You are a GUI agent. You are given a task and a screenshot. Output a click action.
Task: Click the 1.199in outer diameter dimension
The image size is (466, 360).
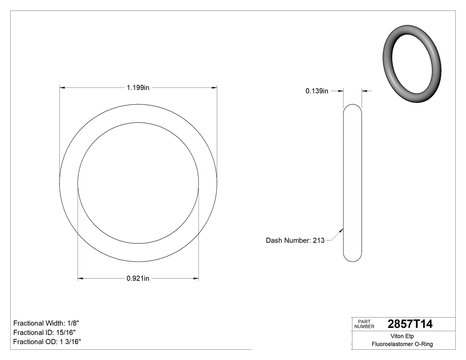(x=138, y=88)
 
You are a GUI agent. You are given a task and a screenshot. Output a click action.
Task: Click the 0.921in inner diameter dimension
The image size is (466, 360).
(x=138, y=279)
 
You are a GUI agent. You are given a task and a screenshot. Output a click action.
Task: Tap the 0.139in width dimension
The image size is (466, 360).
(x=316, y=91)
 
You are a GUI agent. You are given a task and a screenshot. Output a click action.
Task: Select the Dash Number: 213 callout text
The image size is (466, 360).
(x=295, y=241)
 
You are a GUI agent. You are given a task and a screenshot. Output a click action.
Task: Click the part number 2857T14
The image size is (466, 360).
(x=410, y=324)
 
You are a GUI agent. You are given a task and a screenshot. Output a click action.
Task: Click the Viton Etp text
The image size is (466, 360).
(x=402, y=336)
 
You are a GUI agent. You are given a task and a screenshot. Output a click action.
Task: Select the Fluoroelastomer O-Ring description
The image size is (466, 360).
(x=402, y=344)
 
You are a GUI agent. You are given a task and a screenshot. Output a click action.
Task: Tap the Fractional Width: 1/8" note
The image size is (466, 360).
(x=46, y=323)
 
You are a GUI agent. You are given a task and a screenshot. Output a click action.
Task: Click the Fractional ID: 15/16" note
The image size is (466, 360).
(x=44, y=332)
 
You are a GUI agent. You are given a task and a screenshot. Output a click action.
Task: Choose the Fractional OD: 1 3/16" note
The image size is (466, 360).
(x=47, y=341)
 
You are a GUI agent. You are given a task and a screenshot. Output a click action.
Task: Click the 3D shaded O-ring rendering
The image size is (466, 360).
(x=412, y=64)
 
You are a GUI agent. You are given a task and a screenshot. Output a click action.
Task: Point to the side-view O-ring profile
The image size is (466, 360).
(x=353, y=183)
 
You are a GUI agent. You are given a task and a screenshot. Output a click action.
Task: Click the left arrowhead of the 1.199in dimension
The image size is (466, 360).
(x=63, y=88)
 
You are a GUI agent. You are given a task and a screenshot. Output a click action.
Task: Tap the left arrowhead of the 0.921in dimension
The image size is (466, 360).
(x=81, y=279)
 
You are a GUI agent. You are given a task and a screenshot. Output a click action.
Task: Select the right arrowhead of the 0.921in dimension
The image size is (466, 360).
(x=195, y=279)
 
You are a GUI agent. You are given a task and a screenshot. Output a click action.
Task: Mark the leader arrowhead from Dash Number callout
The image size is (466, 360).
(x=342, y=230)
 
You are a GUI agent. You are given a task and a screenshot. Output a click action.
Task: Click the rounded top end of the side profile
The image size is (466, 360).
(x=353, y=107)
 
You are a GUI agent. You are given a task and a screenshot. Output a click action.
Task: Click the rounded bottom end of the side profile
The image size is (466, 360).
(x=353, y=258)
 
